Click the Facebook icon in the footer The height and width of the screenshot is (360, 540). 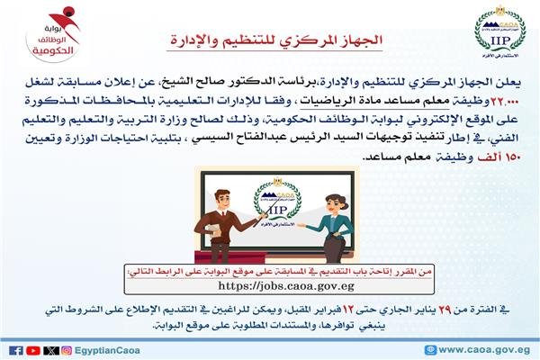click(16, 350)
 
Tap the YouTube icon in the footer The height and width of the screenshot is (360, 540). click(33, 350)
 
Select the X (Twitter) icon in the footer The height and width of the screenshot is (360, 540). click(51, 350)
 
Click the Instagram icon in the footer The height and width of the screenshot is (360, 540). click(67, 350)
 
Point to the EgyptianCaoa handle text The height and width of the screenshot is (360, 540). click(107, 351)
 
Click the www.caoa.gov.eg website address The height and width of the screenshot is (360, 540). click(484, 350)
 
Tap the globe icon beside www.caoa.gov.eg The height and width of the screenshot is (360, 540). click(430, 350)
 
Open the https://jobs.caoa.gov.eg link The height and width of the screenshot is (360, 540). click(286, 285)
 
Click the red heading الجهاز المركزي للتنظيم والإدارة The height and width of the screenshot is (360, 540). click(276, 40)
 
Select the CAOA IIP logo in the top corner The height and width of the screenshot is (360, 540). click(500, 31)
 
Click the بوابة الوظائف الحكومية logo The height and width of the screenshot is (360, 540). click(53, 34)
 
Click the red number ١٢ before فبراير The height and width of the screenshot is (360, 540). click(346, 310)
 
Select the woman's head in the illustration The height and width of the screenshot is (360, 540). click(335, 203)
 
